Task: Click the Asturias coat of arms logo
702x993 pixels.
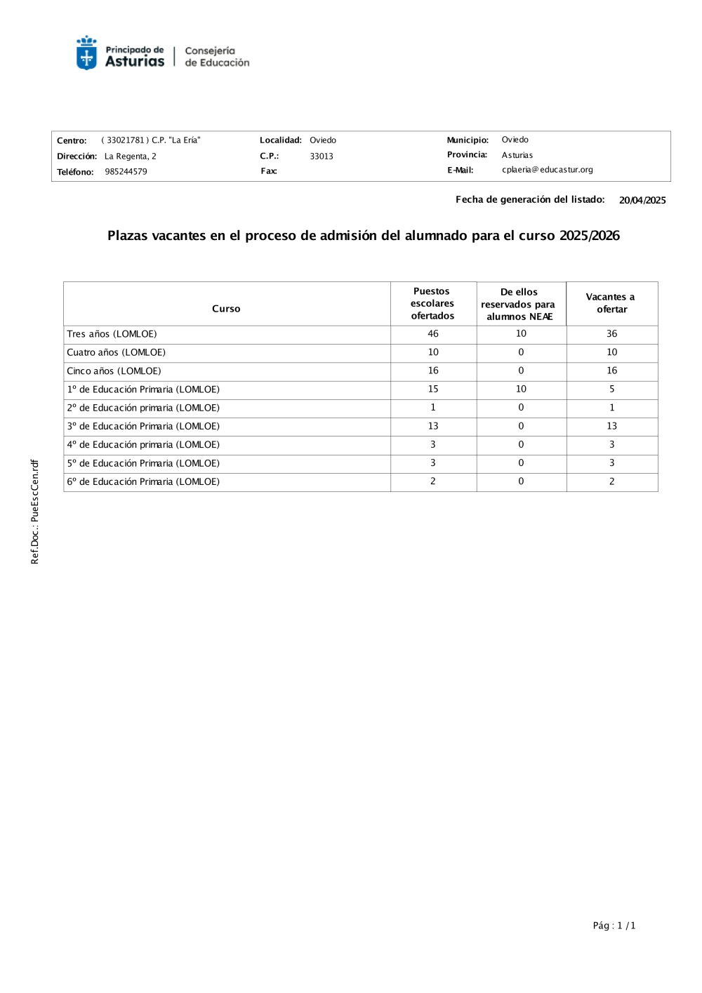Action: point(86,53)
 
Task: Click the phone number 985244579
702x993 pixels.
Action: point(126,172)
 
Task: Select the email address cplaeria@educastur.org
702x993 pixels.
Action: point(547,170)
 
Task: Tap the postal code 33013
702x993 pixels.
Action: point(322,156)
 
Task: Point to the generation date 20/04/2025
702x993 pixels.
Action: point(642,201)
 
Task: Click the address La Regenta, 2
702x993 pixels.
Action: point(130,156)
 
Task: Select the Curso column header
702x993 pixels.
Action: point(226,309)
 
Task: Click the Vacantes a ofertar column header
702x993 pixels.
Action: point(611,303)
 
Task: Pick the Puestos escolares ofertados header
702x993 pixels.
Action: point(432,303)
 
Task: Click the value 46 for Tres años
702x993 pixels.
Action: point(433,334)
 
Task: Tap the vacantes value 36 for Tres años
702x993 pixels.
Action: point(611,334)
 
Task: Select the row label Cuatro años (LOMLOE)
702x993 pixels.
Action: point(116,352)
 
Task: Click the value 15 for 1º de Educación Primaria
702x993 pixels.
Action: point(433,389)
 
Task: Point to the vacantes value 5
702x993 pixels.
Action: point(611,389)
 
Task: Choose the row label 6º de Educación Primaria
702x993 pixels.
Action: point(143,481)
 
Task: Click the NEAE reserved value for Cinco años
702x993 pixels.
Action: point(521,371)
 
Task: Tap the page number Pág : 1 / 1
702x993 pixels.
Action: point(614,926)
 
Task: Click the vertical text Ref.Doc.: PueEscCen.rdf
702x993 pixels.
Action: point(35,512)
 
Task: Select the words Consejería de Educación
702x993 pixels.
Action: point(217,57)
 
